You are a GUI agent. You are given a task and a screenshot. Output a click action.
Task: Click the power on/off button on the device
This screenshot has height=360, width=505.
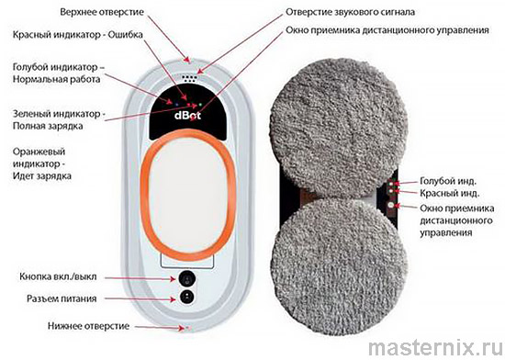click(x=187, y=278)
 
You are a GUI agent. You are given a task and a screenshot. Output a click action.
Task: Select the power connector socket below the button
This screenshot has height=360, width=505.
click(x=187, y=297)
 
